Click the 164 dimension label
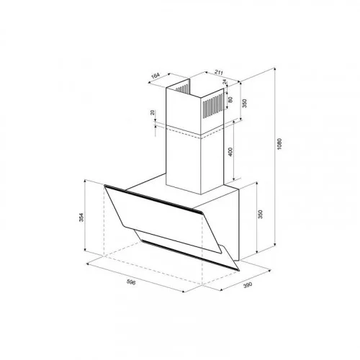(x=156, y=76)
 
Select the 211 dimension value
(x=219, y=72)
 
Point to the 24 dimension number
(x=225, y=82)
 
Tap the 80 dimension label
(x=230, y=99)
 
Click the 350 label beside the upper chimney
(x=244, y=104)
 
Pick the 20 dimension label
(x=153, y=112)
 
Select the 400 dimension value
(x=230, y=152)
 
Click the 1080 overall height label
(x=279, y=144)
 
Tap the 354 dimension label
(x=82, y=217)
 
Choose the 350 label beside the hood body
(x=261, y=215)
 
